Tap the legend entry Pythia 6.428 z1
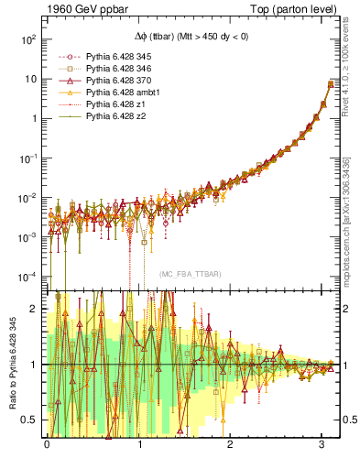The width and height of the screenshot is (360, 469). coord(121,116)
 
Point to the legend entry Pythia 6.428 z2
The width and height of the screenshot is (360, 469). coord(121,128)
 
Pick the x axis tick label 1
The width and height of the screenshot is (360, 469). coord(139,446)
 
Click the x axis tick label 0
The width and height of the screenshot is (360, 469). coord(47,446)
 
